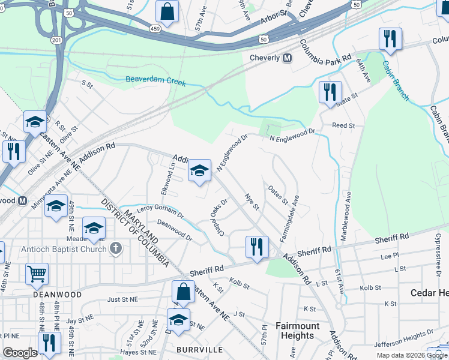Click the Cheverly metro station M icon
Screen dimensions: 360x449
pos(287,58)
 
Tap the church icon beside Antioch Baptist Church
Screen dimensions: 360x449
pos(116,248)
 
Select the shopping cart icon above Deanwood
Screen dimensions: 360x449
pos(37,275)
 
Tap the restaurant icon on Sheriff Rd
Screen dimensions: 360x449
pos(256,247)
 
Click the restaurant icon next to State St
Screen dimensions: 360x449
pos(330,92)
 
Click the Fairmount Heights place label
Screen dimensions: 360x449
pos(297,331)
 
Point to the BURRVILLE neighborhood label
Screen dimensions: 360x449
pos(200,349)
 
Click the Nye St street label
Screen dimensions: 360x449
pos(252,202)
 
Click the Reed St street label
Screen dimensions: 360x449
pos(344,126)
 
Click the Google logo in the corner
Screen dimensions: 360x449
pos(20,353)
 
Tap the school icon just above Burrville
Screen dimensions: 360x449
pos(178,320)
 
